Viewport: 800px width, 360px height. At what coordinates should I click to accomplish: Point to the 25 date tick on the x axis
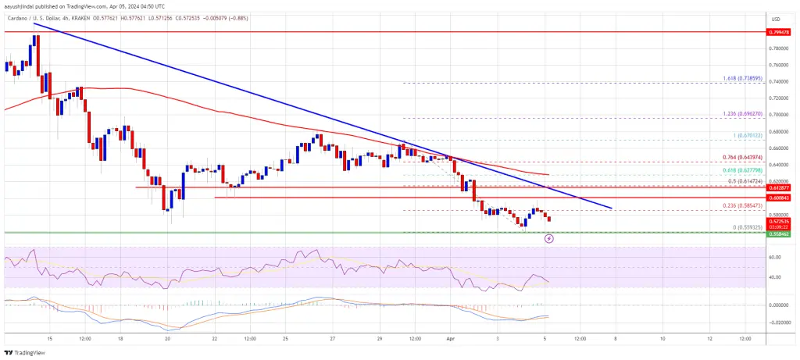pyautogui.click(x=287, y=340)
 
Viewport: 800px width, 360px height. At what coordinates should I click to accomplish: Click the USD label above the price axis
pyautogui.click(x=775, y=19)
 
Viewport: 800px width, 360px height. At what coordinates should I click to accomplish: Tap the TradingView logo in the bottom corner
pyautogui.click(x=27, y=352)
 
